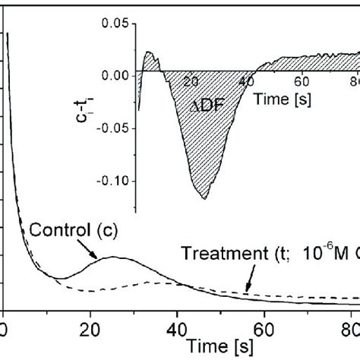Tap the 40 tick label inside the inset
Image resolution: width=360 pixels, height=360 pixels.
248,81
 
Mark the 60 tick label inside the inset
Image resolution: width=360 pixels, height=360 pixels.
302,81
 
